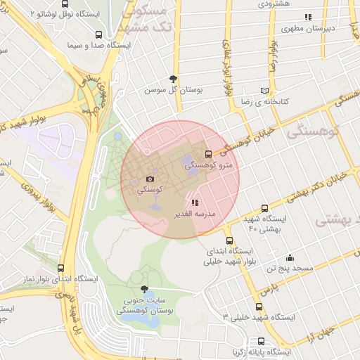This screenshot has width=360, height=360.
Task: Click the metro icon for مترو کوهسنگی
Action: click(207, 155)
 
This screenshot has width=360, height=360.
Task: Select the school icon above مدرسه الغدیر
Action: click(195, 202)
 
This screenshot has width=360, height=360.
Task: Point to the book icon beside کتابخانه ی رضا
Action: click(264, 91)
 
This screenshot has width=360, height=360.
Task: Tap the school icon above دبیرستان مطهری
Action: click(307, 17)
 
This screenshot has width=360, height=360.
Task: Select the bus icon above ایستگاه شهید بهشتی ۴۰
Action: click(264, 208)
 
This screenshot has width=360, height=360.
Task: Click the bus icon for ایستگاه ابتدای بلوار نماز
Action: click(60, 268)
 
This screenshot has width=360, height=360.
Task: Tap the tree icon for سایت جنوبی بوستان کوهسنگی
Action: click(145, 289)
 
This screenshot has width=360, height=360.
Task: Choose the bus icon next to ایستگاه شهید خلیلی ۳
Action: click(259, 307)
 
